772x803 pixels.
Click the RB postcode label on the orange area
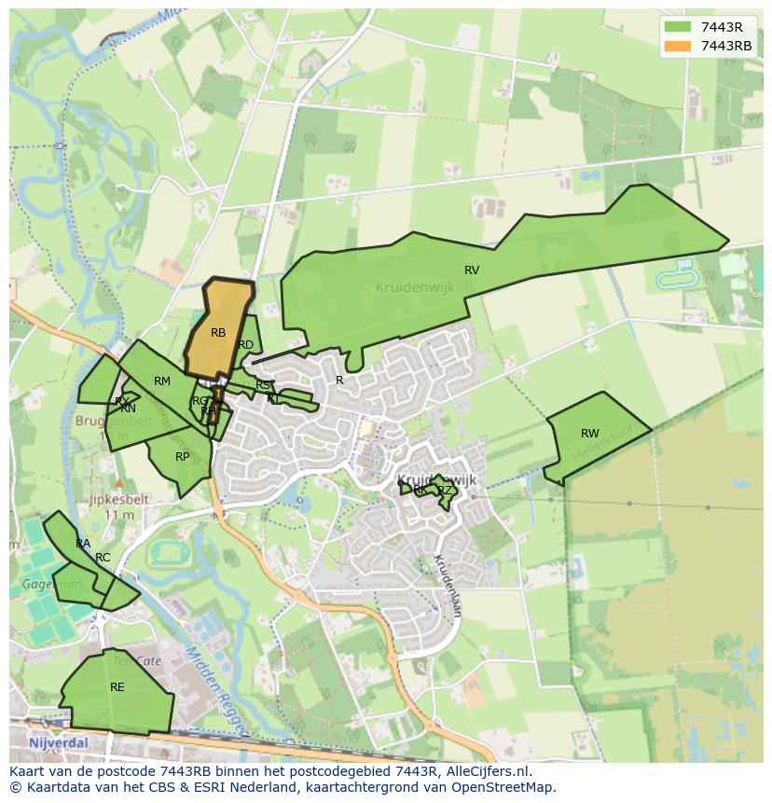(218, 333)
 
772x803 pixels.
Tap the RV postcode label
(472, 270)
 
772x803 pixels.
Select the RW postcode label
(590, 434)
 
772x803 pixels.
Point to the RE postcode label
(117, 687)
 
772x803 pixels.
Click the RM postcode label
(162, 381)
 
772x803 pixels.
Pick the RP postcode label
(183, 457)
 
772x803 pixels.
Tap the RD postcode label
(246, 345)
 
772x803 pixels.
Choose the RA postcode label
(83, 544)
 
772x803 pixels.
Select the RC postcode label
(103, 558)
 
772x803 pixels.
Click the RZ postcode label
(445, 491)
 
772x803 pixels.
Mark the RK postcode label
(420, 490)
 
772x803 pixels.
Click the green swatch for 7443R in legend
(678, 27)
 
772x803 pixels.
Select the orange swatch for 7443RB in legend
(678, 46)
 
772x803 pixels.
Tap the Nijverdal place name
(58, 742)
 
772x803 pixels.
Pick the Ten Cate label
(137, 660)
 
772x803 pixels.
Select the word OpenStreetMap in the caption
(507, 787)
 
